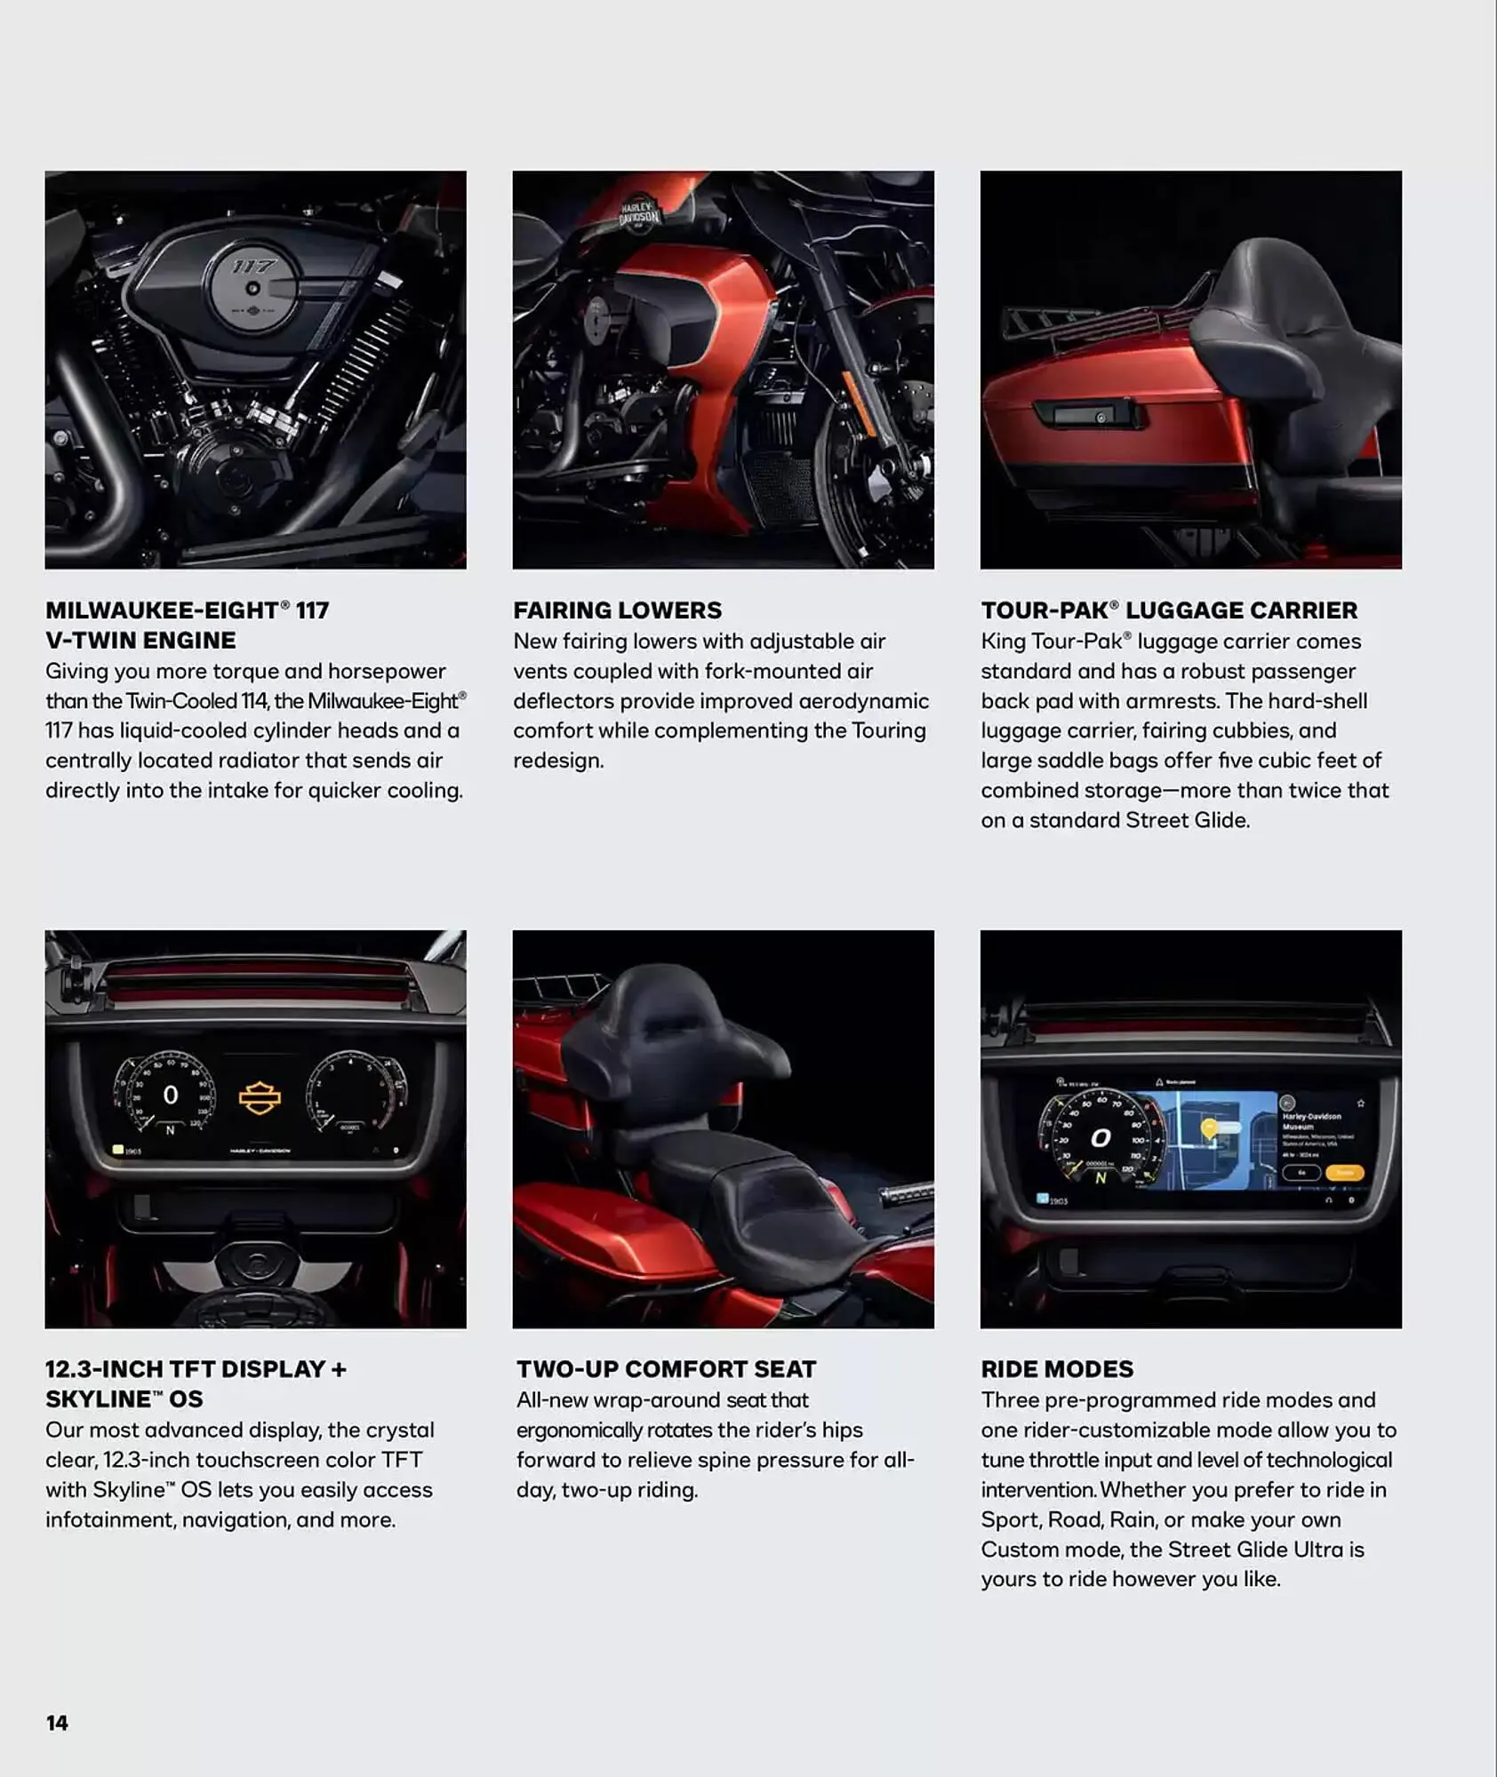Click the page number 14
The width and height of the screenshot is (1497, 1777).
pos(57,1723)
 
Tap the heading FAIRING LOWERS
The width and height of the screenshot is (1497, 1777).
pos(617,610)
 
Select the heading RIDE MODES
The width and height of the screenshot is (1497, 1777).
pos(1057,1369)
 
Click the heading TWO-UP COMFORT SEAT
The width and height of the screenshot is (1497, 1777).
pos(666,1369)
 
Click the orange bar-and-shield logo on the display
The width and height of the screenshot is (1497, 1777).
pos(260,1098)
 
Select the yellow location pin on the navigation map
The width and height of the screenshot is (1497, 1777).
pos(1209,1128)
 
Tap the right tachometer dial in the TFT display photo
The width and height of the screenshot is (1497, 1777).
pos(356,1093)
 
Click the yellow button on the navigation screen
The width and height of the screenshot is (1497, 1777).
pos(1343,1173)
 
